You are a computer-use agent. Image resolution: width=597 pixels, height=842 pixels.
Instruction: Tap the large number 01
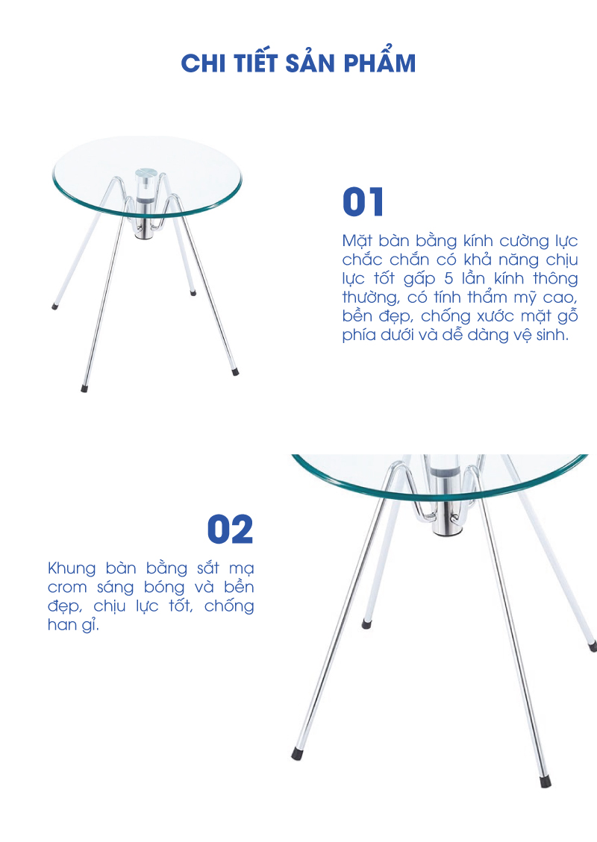point(363,202)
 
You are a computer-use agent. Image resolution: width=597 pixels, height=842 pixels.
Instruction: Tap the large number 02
point(230,530)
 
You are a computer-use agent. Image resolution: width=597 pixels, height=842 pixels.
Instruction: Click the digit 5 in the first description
point(448,278)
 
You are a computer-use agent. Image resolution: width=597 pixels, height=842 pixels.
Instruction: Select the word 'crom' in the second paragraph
point(67,588)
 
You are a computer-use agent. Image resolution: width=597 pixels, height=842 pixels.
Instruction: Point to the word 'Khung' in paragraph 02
point(72,569)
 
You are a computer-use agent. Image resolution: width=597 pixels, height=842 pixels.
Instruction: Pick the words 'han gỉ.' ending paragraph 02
point(74,625)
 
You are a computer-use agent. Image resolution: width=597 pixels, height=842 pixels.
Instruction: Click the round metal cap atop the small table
point(146,173)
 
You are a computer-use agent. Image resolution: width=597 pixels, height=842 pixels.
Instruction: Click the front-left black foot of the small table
point(84,389)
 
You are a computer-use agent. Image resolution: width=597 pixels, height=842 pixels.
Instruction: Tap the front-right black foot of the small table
point(235,371)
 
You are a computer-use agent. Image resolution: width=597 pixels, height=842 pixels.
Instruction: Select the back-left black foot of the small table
point(54,307)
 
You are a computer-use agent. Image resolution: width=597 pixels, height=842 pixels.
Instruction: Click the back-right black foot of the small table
point(193,293)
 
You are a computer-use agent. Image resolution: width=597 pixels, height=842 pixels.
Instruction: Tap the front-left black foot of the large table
point(296,754)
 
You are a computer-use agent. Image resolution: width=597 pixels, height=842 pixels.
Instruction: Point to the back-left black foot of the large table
point(366,624)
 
